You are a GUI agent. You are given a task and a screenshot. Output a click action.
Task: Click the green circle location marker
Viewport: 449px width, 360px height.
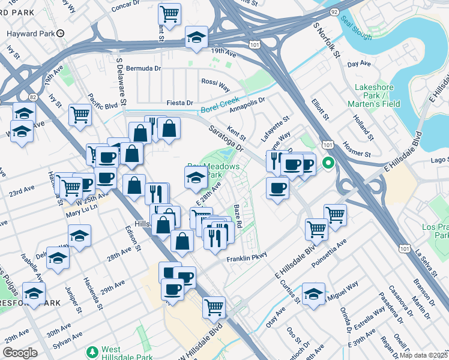[x=328, y=162]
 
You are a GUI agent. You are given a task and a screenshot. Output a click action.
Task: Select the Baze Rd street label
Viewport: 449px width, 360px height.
[x=238, y=217]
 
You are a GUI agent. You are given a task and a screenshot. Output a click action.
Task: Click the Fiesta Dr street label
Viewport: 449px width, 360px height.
[x=180, y=103]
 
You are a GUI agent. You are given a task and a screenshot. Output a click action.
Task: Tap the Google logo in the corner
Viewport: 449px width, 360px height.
[x=20, y=352]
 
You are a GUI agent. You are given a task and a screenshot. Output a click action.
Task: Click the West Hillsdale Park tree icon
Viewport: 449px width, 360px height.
[x=92, y=350]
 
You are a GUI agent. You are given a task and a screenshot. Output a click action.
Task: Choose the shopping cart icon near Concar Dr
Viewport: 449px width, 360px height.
[x=170, y=13]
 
